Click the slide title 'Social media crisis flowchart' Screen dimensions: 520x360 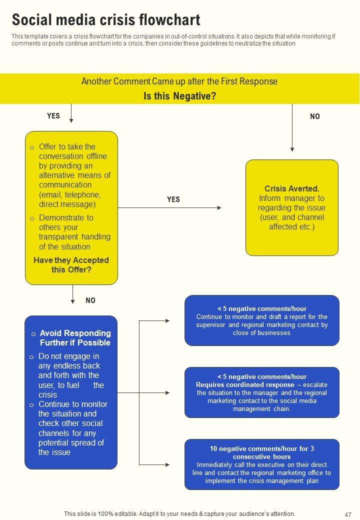106,20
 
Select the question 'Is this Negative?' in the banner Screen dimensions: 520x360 179,96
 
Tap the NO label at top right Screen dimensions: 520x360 314,116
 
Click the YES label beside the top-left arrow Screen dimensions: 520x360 53,116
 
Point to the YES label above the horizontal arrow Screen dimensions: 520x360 173,199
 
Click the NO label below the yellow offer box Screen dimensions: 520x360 90,300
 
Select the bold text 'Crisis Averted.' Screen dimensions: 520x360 291,188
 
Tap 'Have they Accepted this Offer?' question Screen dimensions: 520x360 71,265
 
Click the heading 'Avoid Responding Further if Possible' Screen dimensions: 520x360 75,338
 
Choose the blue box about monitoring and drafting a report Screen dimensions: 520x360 261,320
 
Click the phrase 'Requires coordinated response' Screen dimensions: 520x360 245,385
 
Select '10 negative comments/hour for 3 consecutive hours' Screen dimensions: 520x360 261,452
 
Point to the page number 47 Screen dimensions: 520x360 348,514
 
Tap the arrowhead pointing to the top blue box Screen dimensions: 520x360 167,320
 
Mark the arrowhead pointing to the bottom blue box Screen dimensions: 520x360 167,464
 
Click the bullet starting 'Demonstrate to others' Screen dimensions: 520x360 74,232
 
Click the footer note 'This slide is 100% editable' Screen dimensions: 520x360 179,513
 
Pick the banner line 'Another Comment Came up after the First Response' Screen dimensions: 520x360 179,81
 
